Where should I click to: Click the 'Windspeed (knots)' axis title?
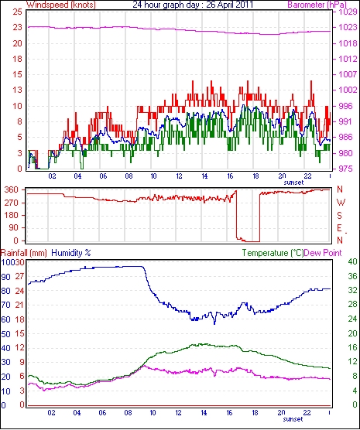[x=61, y=5]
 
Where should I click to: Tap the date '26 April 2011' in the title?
[x=229, y=5]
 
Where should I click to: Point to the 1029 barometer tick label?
[x=347, y=12]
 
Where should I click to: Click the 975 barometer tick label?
[x=345, y=169]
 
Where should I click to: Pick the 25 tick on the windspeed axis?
[x=17, y=12]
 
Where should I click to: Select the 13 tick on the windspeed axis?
[x=17, y=90]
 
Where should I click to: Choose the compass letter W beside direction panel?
[x=341, y=203]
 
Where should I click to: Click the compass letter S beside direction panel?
[x=340, y=216]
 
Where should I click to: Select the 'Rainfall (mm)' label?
[x=24, y=253]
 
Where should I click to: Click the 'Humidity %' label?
[x=71, y=253]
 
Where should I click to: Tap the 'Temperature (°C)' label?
[x=273, y=253]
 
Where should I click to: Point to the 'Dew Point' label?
[x=323, y=253]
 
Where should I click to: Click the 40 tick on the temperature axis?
[x=352, y=262]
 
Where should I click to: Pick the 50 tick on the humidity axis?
[x=5, y=334]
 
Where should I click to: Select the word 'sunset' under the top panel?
[x=293, y=183]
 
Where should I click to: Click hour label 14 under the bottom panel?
[x=204, y=413]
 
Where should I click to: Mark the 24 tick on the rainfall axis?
[x=19, y=291]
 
